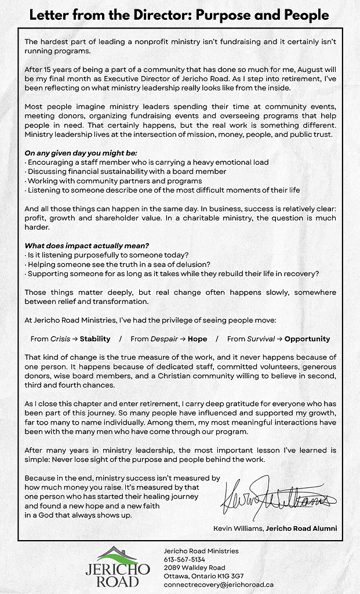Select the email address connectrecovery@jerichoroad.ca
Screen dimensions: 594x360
(219, 585)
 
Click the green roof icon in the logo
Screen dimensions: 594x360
(118, 556)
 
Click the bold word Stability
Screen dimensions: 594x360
(95, 339)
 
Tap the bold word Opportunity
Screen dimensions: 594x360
(307, 339)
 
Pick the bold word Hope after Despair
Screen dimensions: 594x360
(197, 339)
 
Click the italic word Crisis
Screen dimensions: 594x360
(60, 339)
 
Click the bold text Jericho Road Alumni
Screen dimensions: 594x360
(301, 528)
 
